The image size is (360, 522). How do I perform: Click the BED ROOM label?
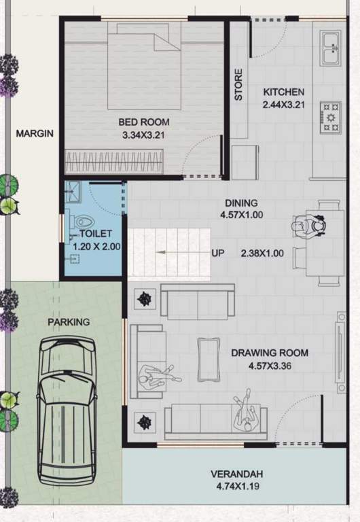pos(144,122)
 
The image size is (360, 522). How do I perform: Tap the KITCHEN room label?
pos(284,92)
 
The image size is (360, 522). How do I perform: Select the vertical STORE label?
pos(238,85)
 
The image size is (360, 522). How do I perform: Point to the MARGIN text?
pos(35,134)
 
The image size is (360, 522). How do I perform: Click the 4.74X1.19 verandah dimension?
pos(236,487)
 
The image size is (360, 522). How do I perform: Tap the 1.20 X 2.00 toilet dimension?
pos(96,247)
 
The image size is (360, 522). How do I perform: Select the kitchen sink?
pos(331,48)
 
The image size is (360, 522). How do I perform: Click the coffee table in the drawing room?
pos(207,360)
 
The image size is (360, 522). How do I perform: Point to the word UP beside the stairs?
pos(217,254)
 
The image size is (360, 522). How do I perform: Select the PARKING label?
pos(68,321)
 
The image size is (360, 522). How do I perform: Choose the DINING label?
pos(241,203)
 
